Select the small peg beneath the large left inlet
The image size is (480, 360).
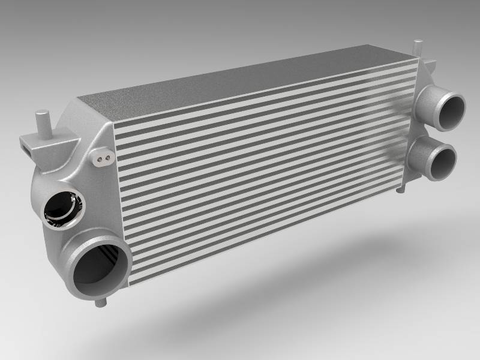pyautogui.click(x=99, y=301)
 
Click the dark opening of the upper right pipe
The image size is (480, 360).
pyautogui.click(x=451, y=110)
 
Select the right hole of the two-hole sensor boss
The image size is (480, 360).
pyautogui.click(x=108, y=157)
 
